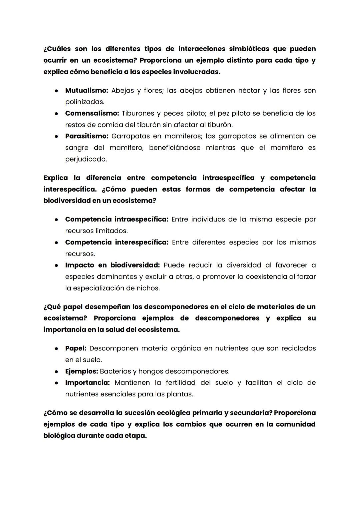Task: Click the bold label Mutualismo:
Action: [86, 91]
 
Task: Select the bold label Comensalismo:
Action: [92, 113]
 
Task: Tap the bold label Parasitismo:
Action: [86, 136]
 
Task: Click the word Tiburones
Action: [138, 113]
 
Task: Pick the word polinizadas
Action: [84, 102]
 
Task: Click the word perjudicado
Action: [86, 159]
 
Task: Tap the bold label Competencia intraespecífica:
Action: [117, 220]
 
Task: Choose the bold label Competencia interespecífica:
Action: [117, 243]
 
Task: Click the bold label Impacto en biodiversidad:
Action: [112, 265]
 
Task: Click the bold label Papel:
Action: [76, 348]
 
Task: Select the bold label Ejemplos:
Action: [81, 371]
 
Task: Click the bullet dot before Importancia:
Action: [57, 383]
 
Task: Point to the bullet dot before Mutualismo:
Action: [57, 91]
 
